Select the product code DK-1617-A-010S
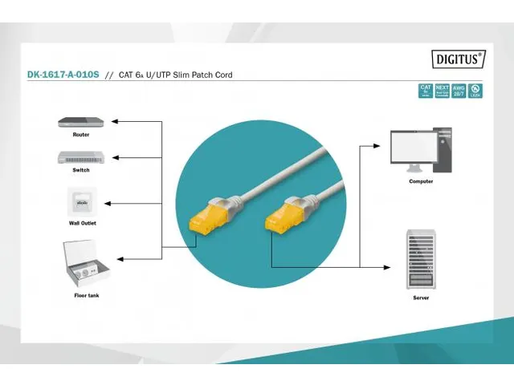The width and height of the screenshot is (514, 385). [x=62, y=75]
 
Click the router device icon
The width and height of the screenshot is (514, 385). [x=81, y=122]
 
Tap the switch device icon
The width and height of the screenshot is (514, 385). [x=81, y=156]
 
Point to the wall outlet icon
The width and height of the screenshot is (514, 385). [x=81, y=200]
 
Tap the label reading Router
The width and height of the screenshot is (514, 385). [x=81, y=135]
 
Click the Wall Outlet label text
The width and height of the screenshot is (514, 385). [x=82, y=223]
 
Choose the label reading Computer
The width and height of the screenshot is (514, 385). [x=421, y=182]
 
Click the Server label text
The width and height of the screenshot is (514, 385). [x=421, y=298]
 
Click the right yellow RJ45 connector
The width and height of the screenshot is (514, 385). [x=281, y=213]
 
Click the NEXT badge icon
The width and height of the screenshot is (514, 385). [x=443, y=91]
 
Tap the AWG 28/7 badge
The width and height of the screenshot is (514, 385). [x=459, y=91]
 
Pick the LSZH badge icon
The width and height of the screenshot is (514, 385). [x=475, y=91]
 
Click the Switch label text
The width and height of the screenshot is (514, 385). [x=81, y=170]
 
